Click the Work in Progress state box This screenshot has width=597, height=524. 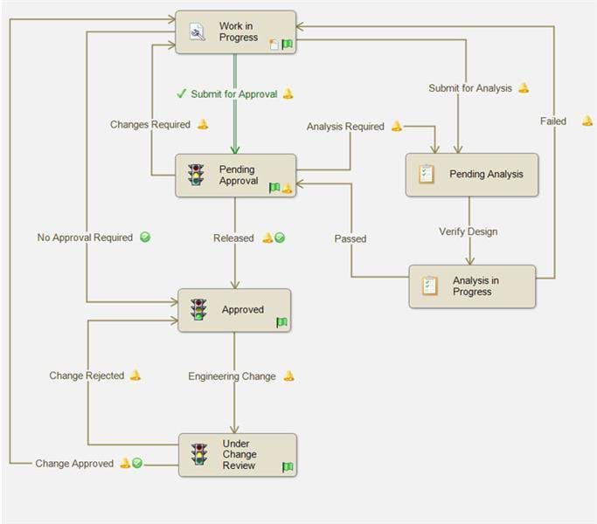[x=235, y=32]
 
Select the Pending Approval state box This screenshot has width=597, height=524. [x=235, y=175]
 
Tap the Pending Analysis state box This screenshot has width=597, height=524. [x=472, y=175]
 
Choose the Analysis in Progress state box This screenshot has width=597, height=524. [x=472, y=286]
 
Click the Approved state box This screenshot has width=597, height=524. [x=234, y=310]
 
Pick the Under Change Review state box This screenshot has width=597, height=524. [x=237, y=455]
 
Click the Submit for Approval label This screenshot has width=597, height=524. [x=233, y=94]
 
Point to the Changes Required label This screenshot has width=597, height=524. [x=150, y=125]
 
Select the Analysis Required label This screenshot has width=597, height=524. [x=345, y=127]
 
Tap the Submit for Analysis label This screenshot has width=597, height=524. [x=470, y=88]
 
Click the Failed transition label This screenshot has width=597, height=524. [x=553, y=121]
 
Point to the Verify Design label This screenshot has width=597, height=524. [x=468, y=231]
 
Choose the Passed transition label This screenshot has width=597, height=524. [x=351, y=238]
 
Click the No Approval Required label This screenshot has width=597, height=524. [x=85, y=238]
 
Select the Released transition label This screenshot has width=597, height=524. [x=233, y=238]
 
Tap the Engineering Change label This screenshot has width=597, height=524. [x=232, y=376]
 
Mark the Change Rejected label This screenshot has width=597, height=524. [x=87, y=376]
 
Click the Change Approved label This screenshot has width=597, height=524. [x=74, y=464]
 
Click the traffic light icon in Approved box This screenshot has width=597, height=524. [x=199, y=310]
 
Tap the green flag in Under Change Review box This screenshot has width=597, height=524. [x=287, y=467]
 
